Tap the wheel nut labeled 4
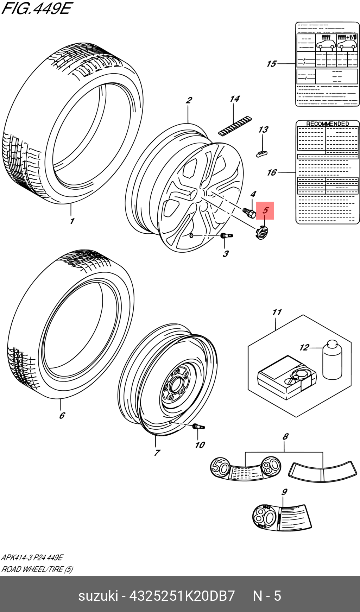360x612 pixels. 249,212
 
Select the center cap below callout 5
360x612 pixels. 261,233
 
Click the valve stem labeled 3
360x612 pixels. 226,236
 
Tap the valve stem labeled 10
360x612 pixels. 198,427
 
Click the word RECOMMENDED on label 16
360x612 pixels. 327,124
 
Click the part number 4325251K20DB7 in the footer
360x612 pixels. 182,596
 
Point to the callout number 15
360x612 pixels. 271,64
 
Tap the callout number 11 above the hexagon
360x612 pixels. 277,312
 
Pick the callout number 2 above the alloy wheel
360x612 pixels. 189,100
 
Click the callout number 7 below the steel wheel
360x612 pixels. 157,453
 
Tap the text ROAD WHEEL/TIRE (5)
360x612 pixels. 37,569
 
